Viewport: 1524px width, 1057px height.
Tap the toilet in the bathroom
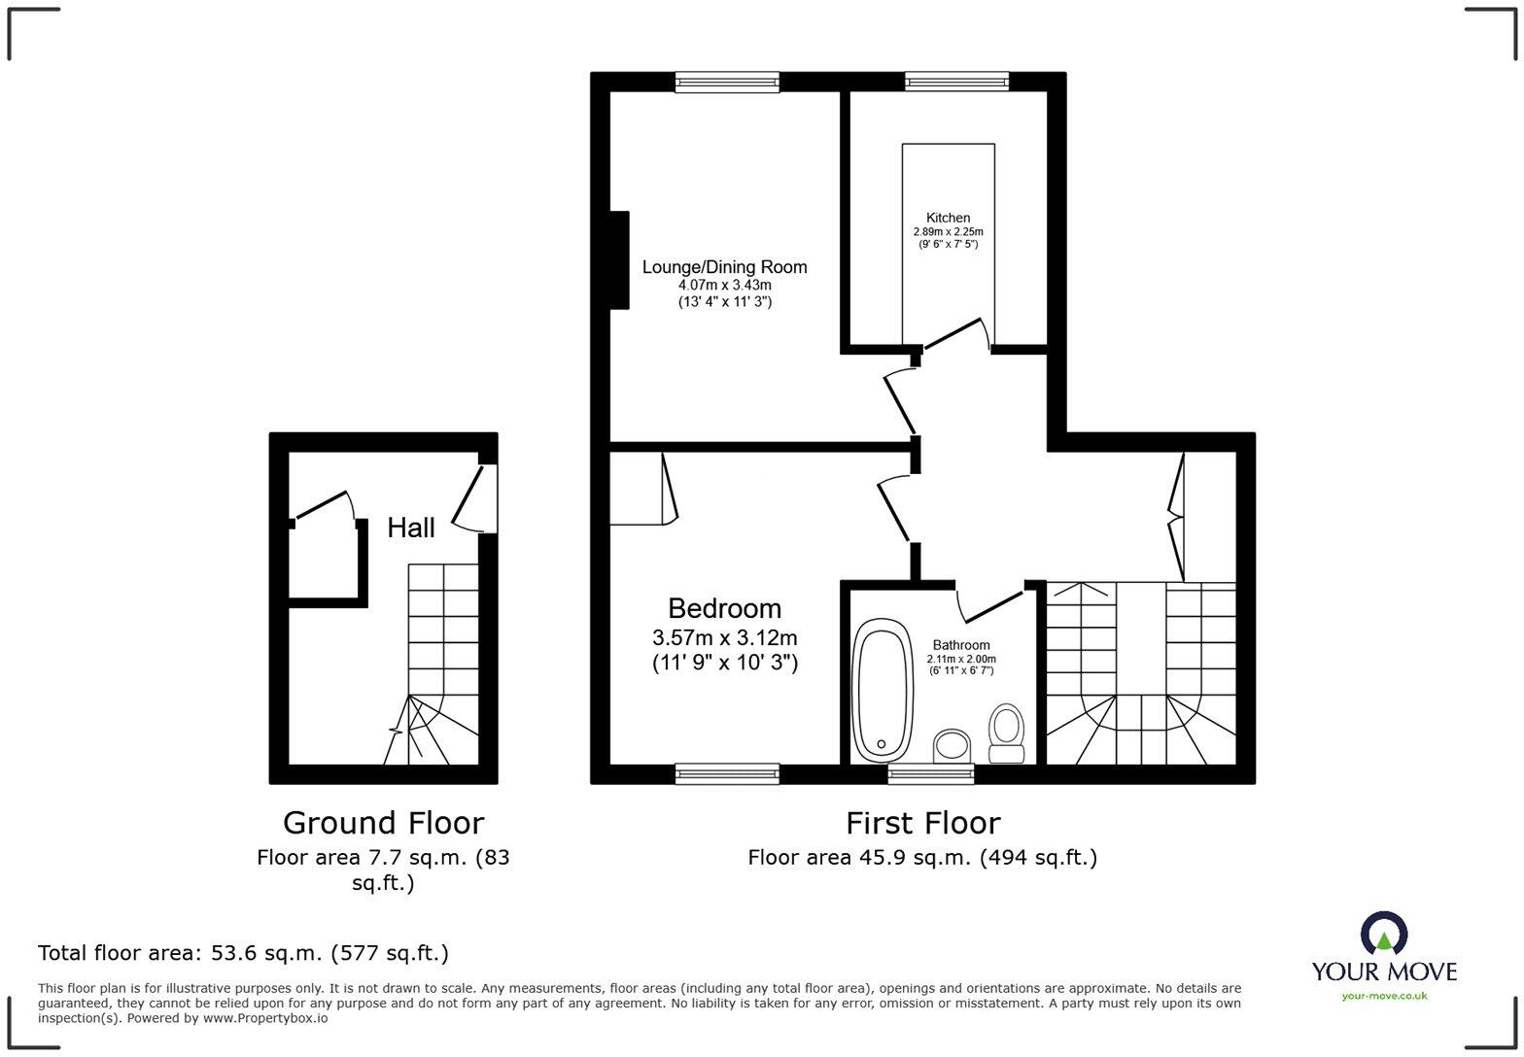[x=1007, y=733]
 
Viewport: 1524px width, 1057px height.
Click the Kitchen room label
[x=948, y=218]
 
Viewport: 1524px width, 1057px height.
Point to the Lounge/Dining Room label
[x=724, y=267]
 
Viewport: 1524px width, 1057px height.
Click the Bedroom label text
[x=724, y=608]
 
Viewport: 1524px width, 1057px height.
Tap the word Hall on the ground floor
[x=410, y=528]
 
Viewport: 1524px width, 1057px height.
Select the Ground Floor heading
[x=383, y=823]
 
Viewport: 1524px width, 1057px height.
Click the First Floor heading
[x=922, y=823]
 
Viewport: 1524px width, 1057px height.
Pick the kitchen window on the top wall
[x=956, y=82]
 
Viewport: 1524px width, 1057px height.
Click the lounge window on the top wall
[x=727, y=82]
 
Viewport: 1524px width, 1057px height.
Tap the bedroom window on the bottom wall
[x=727, y=773]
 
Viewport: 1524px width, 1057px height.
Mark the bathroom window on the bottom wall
[x=930, y=773]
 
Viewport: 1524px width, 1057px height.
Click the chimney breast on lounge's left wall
[x=619, y=260]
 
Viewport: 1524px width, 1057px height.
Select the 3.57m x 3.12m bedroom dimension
[x=724, y=638]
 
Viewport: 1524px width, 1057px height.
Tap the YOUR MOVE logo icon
[x=1384, y=934]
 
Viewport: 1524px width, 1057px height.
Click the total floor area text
[x=243, y=953]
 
